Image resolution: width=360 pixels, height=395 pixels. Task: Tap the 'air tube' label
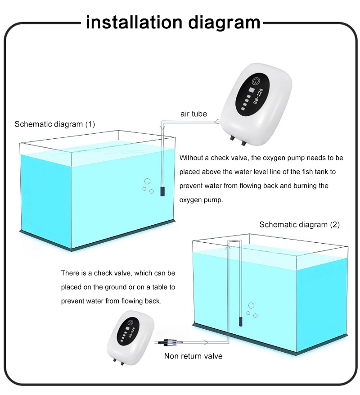(x=193, y=114)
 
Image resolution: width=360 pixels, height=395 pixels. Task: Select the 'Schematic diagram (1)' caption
(x=55, y=124)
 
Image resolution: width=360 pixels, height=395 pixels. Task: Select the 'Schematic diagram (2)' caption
(x=300, y=224)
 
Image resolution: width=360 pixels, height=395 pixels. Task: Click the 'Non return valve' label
(x=193, y=356)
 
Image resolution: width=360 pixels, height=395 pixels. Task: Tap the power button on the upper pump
(x=256, y=82)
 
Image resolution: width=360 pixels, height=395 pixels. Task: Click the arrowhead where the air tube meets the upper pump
(x=217, y=121)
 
